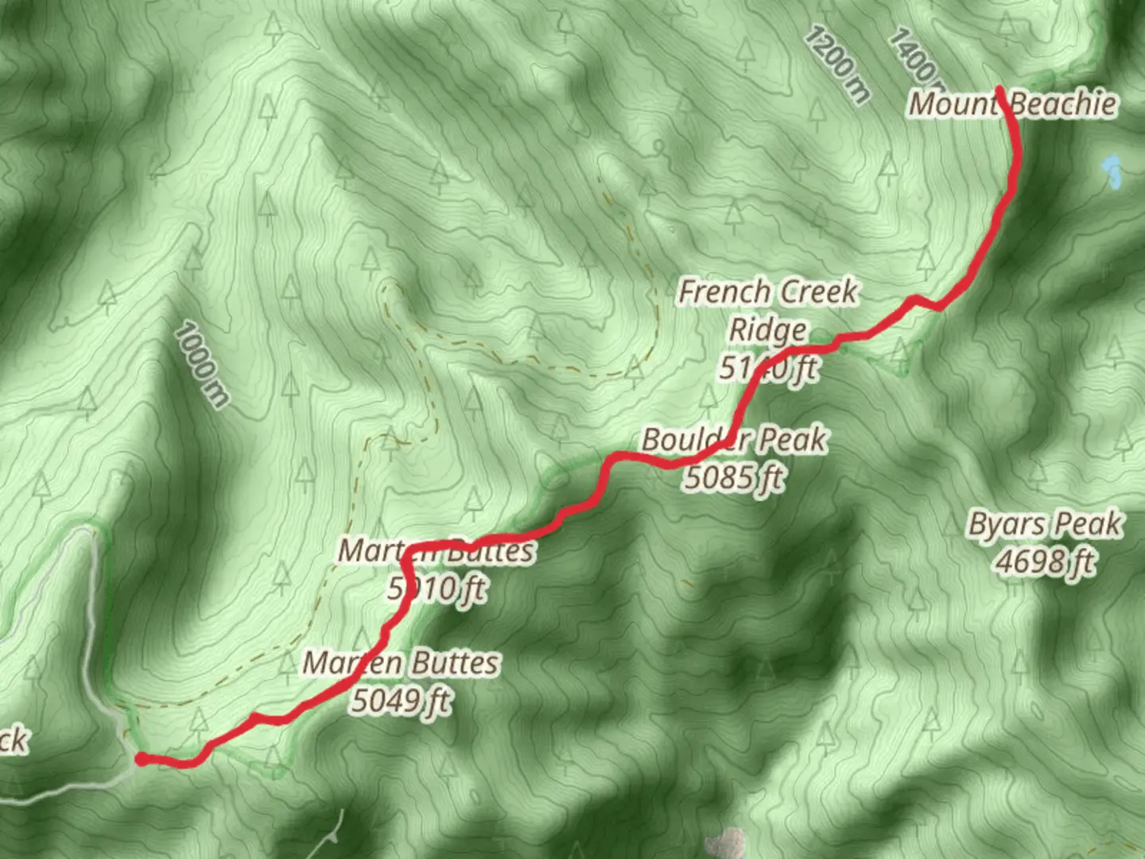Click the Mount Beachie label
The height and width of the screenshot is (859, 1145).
coord(1012,104)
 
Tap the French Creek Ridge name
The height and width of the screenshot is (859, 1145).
coord(768,310)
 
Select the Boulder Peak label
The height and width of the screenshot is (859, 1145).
coord(734,440)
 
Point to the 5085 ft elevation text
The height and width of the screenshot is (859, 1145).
coord(734,478)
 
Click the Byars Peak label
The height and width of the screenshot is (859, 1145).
coord(1045,525)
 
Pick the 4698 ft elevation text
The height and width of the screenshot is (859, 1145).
coord(1045,562)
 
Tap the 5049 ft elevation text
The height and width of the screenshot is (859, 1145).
coord(402,701)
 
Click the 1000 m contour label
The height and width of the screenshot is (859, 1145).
coord(201,364)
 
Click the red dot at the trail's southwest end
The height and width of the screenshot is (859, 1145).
coord(141,760)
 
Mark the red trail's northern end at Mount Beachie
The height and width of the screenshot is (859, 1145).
coord(999,90)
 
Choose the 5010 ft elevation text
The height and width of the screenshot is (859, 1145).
coord(437,589)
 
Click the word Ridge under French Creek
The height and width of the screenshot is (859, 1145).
coord(768,329)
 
